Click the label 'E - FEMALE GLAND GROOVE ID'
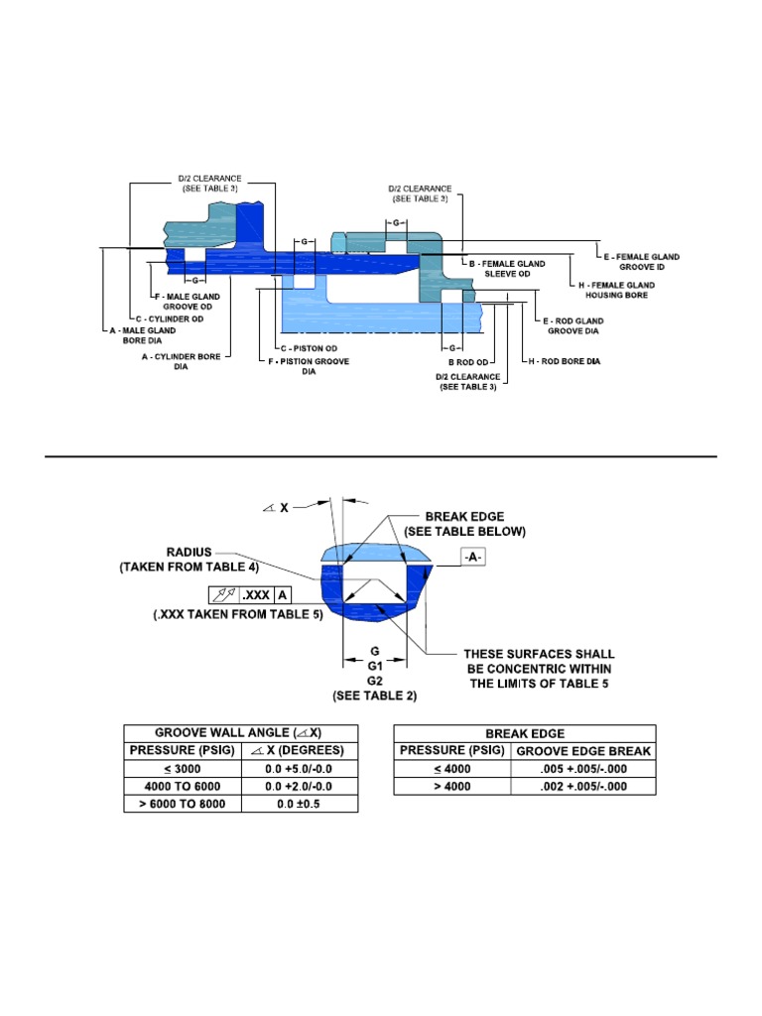click(x=644, y=262)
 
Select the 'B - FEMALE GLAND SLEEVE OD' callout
click(x=511, y=268)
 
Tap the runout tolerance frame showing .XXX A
click(x=251, y=595)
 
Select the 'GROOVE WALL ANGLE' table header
click(x=240, y=732)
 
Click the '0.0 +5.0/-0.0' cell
click(x=298, y=768)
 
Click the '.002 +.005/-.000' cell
click(x=583, y=786)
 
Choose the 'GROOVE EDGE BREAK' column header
click(x=583, y=751)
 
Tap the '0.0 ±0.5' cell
click(x=298, y=804)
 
